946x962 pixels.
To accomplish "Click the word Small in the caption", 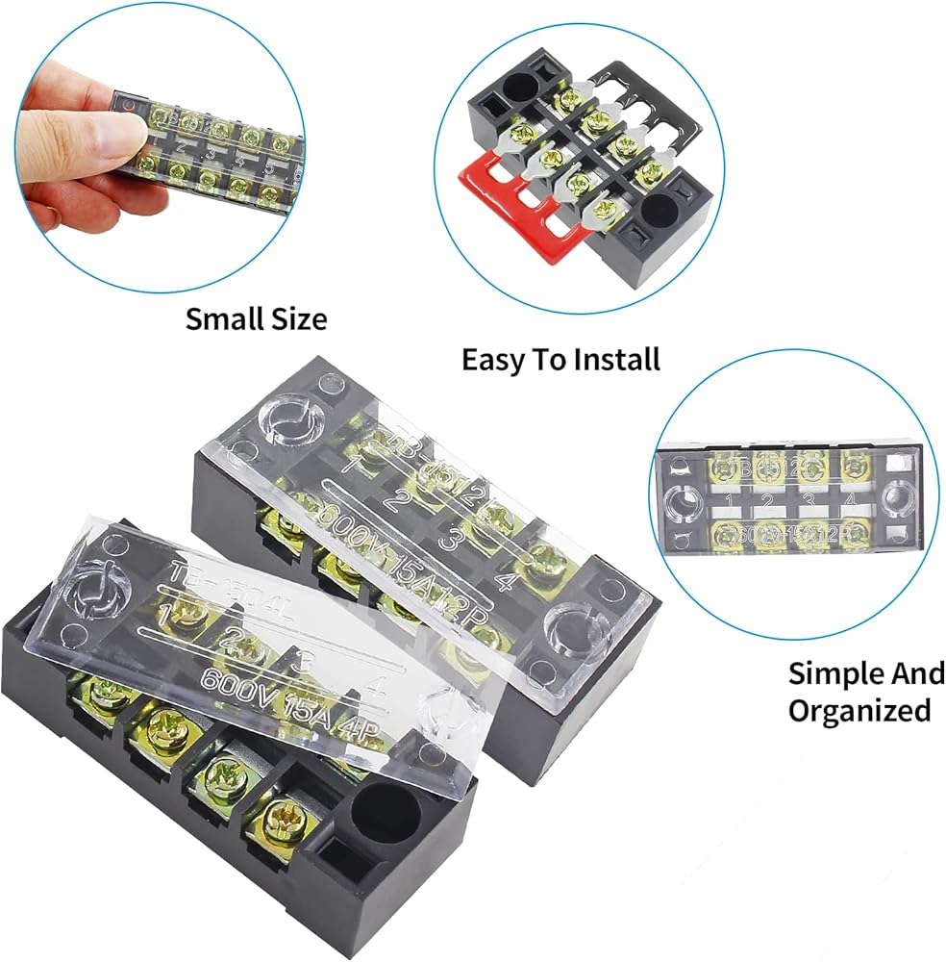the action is (x=221, y=318).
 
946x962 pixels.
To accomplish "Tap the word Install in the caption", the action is (x=616, y=360).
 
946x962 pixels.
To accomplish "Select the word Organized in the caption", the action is (x=860, y=711).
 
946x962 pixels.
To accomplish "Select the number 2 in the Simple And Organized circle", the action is (x=767, y=500).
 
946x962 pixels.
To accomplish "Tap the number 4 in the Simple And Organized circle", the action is (x=847, y=500).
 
